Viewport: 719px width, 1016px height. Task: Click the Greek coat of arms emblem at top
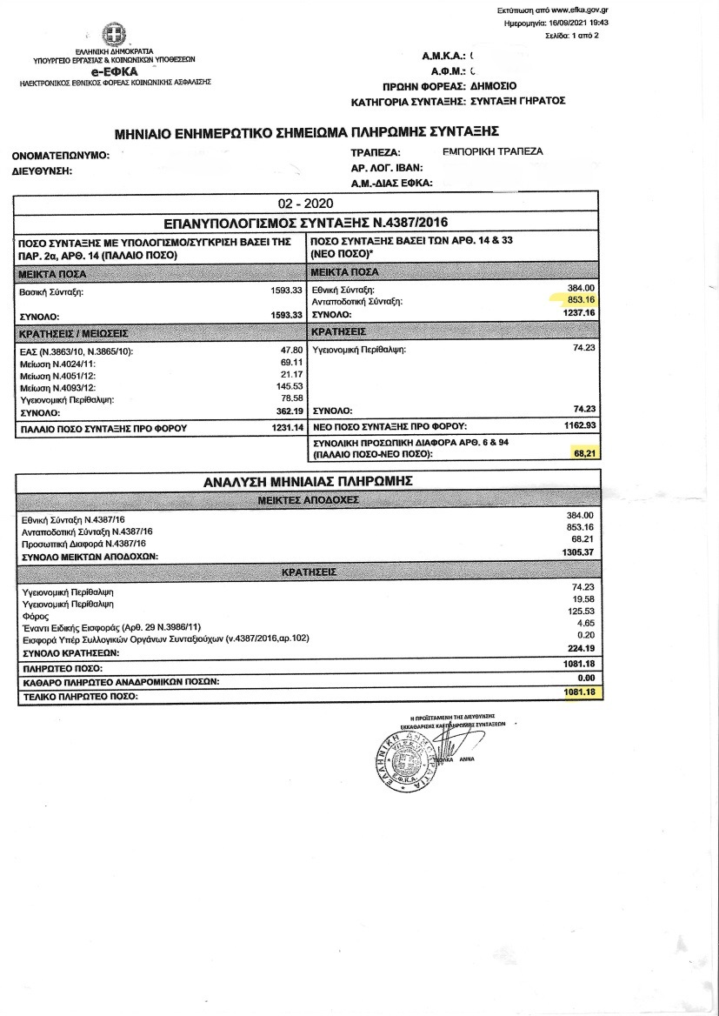[x=112, y=35]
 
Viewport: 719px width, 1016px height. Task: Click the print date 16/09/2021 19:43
[x=577, y=23]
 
